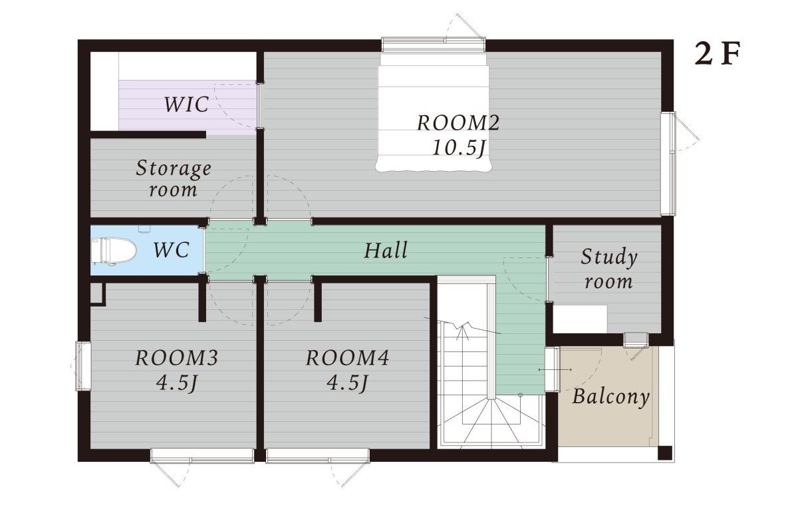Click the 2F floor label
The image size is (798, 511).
click(718, 55)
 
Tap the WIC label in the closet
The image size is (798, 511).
click(186, 104)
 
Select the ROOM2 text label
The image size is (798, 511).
click(458, 123)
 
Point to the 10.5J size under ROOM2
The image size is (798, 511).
click(458, 147)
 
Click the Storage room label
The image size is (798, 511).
click(174, 178)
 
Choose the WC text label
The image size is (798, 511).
click(172, 250)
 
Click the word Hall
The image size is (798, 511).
click(386, 250)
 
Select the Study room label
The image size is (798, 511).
click(609, 269)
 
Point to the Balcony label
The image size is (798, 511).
click(611, 397)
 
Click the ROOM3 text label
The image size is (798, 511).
click(177, 358)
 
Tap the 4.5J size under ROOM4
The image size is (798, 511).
click(347, 383)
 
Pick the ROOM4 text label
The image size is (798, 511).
click(347, 358)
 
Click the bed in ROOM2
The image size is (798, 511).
click(434, 112)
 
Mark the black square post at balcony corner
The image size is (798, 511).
click(665, 452)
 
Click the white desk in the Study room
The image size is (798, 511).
click(580, 319)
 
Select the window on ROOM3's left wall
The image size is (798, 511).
click(83, 367)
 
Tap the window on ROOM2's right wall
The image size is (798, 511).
click(668, 164)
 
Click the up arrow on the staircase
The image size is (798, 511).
click(462, 333)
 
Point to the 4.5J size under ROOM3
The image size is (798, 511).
click(177, 383)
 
